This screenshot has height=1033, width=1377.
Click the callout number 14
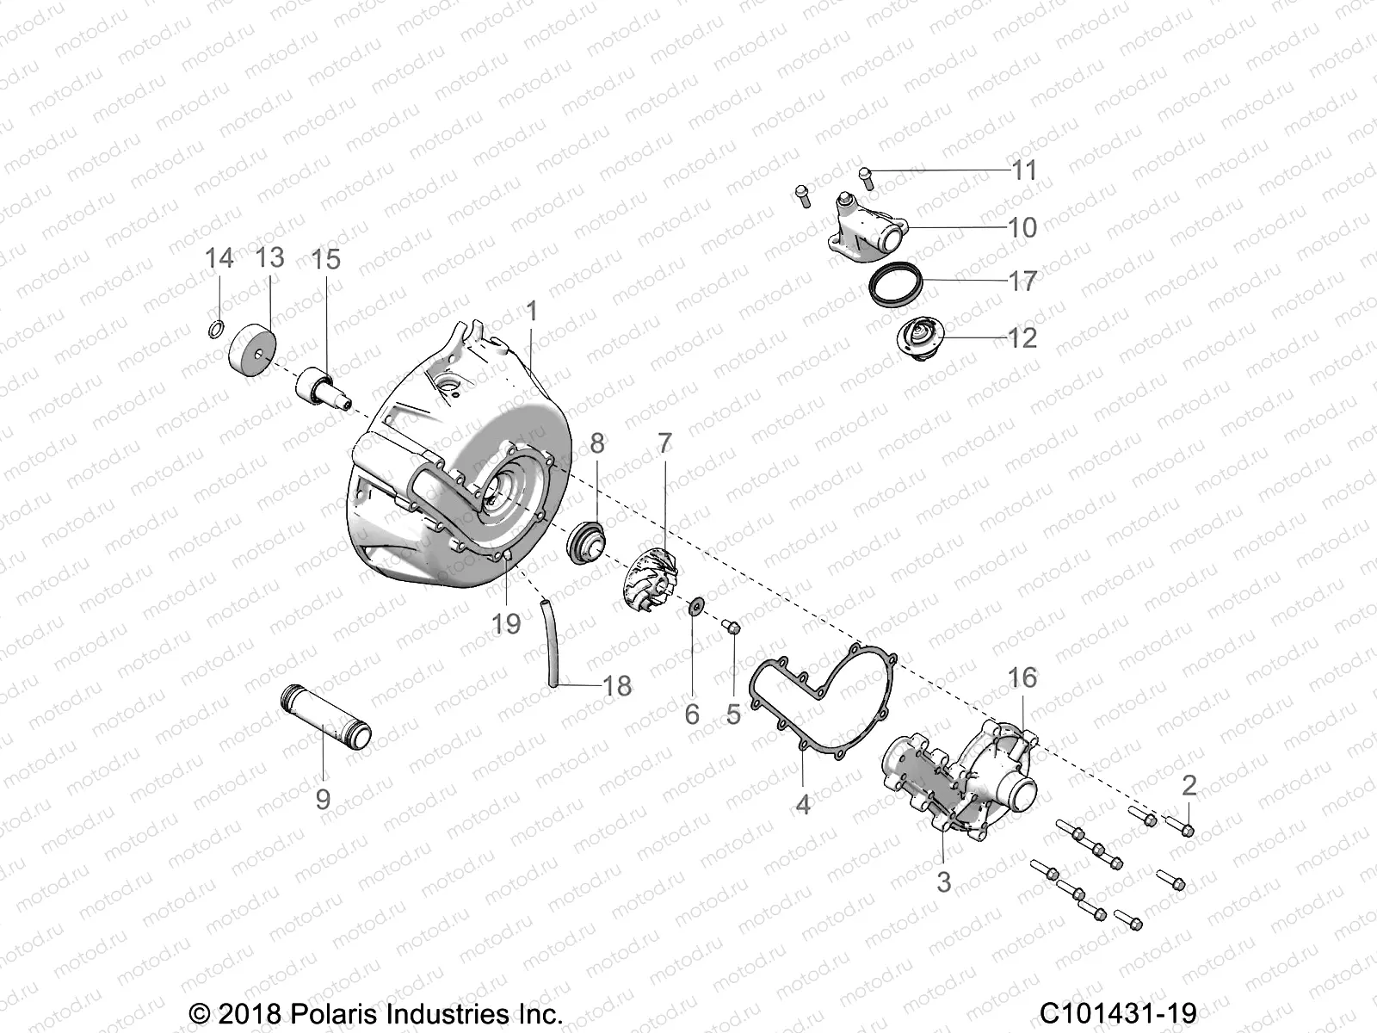(219, 257)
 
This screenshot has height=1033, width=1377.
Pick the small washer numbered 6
(694, 608)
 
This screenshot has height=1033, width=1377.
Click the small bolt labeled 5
(732, 628)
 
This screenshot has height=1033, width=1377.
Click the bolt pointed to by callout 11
(866, 177)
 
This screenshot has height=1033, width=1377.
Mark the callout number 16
(1022, 678)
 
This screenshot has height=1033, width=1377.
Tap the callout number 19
(507, 623)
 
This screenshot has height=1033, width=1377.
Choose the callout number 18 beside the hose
(617, 686)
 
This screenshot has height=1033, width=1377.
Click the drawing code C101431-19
(1118, 1013)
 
